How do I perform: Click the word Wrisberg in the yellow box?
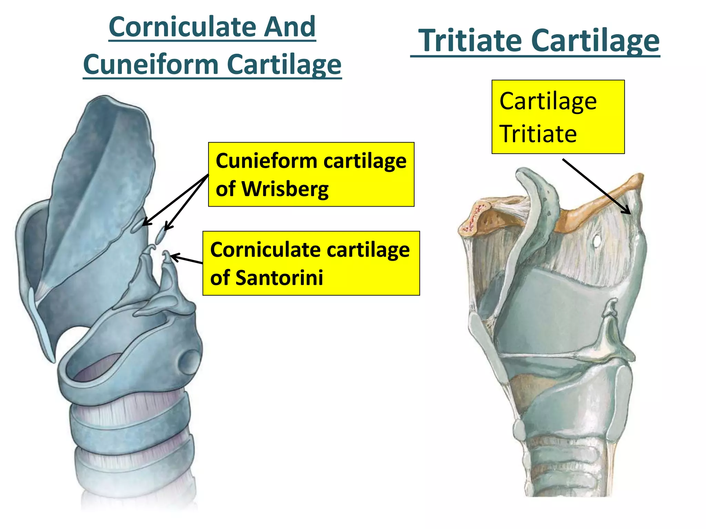click(285, 189)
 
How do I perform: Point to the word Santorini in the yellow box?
click(279, 278)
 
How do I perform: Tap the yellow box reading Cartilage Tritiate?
click(558, 117)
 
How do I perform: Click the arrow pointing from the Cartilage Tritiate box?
click(596, 186)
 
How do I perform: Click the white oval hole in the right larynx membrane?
click(596, 241)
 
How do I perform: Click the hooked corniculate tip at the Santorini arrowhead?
click(167, 255)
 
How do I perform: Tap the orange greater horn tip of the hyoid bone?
click(637, 179)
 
